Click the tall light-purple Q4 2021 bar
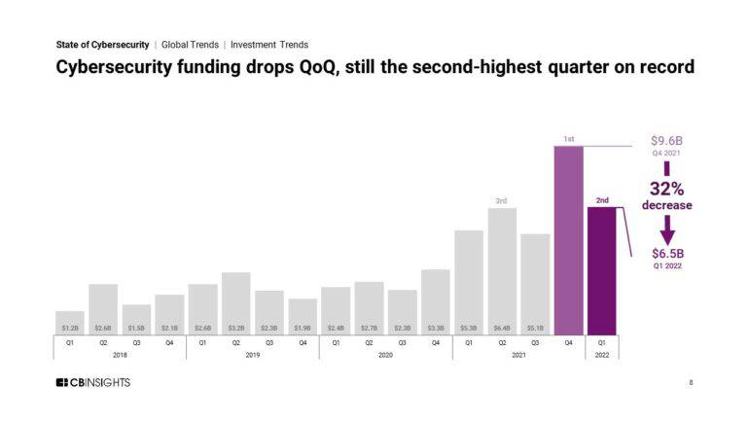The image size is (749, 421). pyautogui.click(x=568, y=238)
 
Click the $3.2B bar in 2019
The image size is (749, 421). pyautogui.click(x=236, y=302)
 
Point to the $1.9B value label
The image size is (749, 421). pyautogui.click(x=303, y=328)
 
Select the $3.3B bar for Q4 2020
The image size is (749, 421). pyautogui.click(x=435, y=300)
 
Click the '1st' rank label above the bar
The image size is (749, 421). pyautogui.click(x=568, y=139)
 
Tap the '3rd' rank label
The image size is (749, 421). pyautogui.click(x=501, y=200)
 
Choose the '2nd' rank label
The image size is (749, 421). pyautogui.click(x=602, y=200)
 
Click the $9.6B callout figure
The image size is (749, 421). pyautogui.click(x=666, y=141)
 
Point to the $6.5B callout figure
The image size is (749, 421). pyautogui.click(x=666, y=254)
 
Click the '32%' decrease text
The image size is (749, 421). pyautogui.click(x=666, y=189)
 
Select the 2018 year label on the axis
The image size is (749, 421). pyautogui.click(x=120, y=355)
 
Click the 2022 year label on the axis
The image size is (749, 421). pyautogui.click(x=601, y=355)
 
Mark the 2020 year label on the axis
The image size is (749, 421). pyautogui.click(x=385, y=355)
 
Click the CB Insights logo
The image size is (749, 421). pyautogui.click(x=92, y=383)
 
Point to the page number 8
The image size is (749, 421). pyautogui.click(x=691, y=383)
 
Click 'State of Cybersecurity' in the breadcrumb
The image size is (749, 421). pyautogui.click(x=102, y=45)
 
